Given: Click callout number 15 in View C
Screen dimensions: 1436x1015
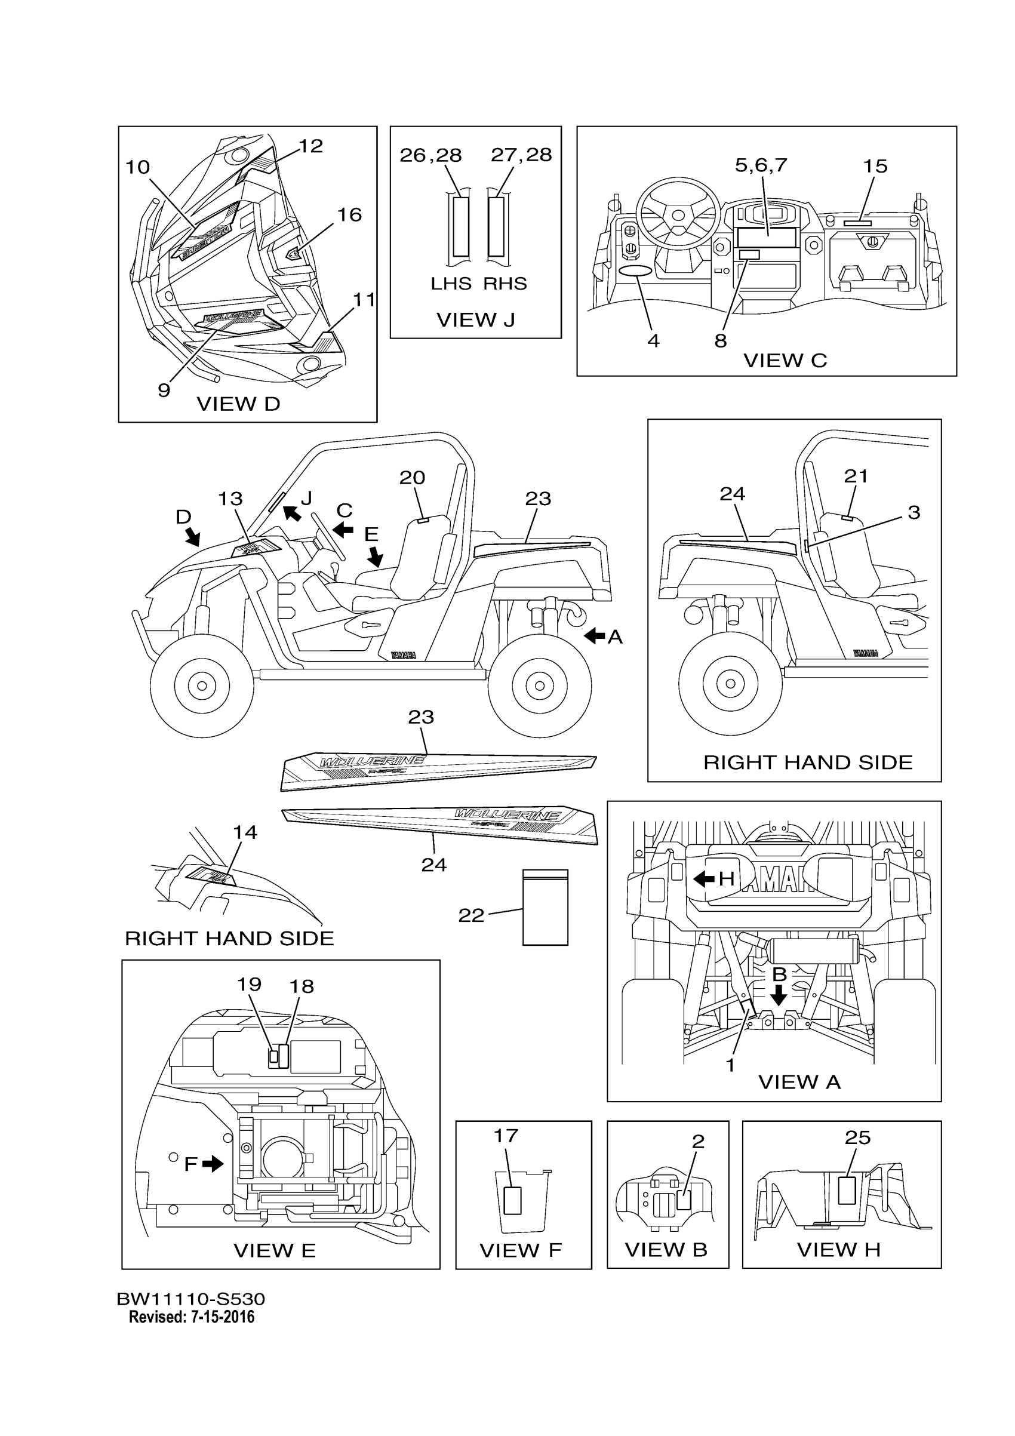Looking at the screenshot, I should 875,167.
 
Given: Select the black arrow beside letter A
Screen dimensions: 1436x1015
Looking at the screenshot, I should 595,636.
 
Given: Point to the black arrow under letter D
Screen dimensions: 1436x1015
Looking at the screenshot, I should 193,536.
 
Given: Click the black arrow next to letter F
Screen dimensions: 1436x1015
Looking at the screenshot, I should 213,1163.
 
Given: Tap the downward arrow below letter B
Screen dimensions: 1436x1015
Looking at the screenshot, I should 779,994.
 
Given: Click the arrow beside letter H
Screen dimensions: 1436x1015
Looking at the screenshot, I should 704,879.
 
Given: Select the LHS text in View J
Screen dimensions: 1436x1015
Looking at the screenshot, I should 450,284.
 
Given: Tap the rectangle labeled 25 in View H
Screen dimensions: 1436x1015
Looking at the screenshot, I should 847,1189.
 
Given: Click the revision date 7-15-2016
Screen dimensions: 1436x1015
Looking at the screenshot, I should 219,1318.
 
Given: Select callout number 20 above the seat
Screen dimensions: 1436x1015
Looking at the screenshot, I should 412,478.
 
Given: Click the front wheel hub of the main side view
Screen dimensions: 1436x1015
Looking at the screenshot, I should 202,686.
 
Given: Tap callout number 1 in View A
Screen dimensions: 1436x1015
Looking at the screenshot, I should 730,1065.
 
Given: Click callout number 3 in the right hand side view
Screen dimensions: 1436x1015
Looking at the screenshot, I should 913,513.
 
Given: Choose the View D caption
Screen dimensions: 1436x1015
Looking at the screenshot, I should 238,404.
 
